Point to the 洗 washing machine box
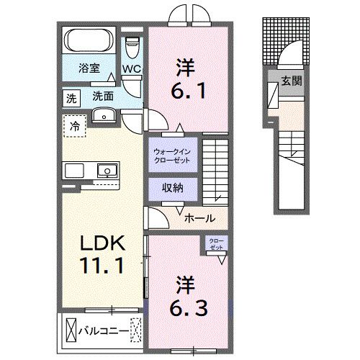click(71, 95)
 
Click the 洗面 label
click(102, 95)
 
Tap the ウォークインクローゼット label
click(171, 156)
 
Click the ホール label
click(198, 216)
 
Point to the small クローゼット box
click(215, 243)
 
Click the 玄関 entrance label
click(292, 81)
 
